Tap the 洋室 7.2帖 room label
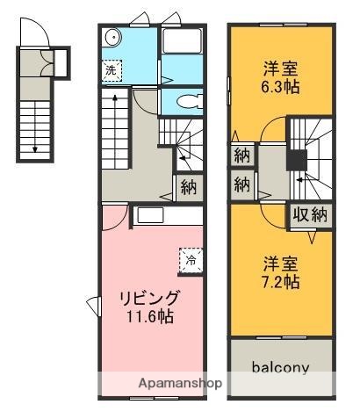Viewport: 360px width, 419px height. coord(282,272)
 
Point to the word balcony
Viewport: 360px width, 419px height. coord(281,367)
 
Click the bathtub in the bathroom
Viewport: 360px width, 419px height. coord(182,47)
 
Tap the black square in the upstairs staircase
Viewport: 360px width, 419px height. coord(298,160)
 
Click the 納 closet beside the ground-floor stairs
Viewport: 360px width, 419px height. coord(187,186)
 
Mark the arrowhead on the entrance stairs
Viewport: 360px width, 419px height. coord(35,150)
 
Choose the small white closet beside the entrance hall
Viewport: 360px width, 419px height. coord(61,63)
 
